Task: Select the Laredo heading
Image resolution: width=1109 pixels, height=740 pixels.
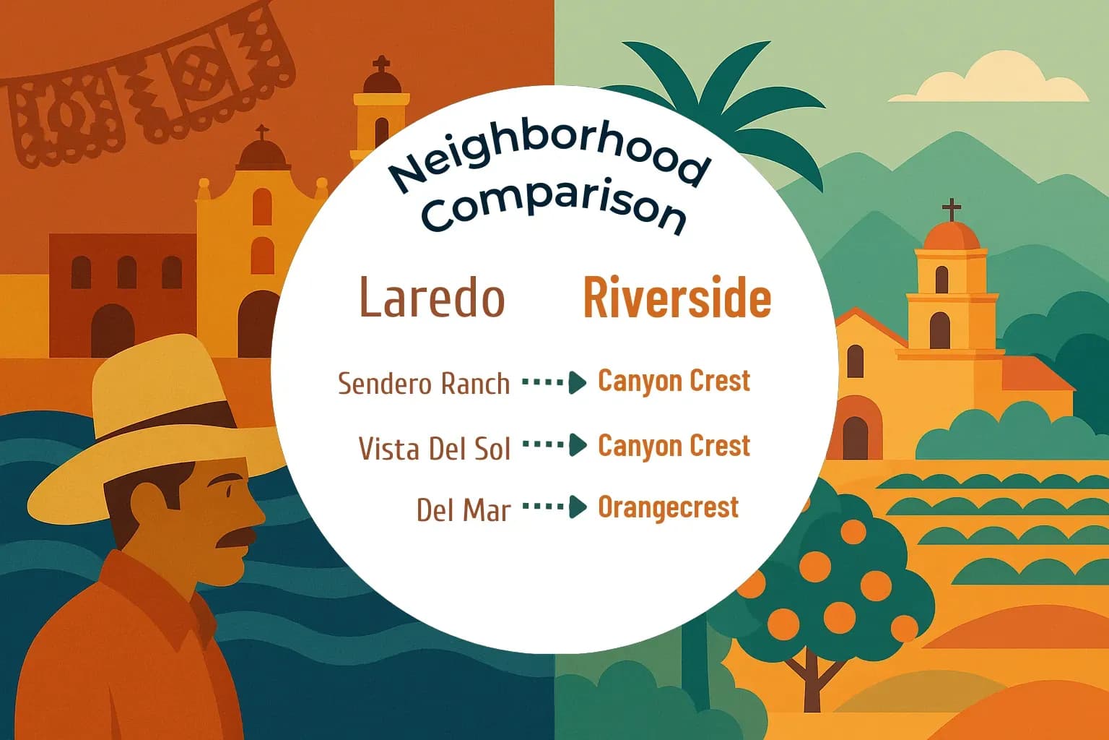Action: coord(432,297)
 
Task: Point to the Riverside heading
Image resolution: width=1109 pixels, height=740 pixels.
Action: coord(677,297)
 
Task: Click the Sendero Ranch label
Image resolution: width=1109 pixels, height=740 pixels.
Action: coord(424,384)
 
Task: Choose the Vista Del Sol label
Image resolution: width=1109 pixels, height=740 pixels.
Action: coord(434,448)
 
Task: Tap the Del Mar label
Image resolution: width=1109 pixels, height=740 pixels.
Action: coord(463,510)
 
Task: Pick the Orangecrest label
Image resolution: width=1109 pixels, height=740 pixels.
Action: coord(668,507)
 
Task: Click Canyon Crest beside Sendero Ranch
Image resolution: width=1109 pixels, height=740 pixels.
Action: coord(674,381)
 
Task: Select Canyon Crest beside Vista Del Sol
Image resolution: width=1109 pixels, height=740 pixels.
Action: coord(674,445)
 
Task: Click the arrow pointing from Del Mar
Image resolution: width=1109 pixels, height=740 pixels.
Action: coord(554,507)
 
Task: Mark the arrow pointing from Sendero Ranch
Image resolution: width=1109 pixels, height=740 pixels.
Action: coord(554,382)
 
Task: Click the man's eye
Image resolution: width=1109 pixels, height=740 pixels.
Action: coord(230,489)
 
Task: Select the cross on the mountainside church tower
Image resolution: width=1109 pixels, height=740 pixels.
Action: coord(952,210)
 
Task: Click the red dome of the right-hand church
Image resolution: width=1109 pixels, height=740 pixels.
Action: coord(952,236)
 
